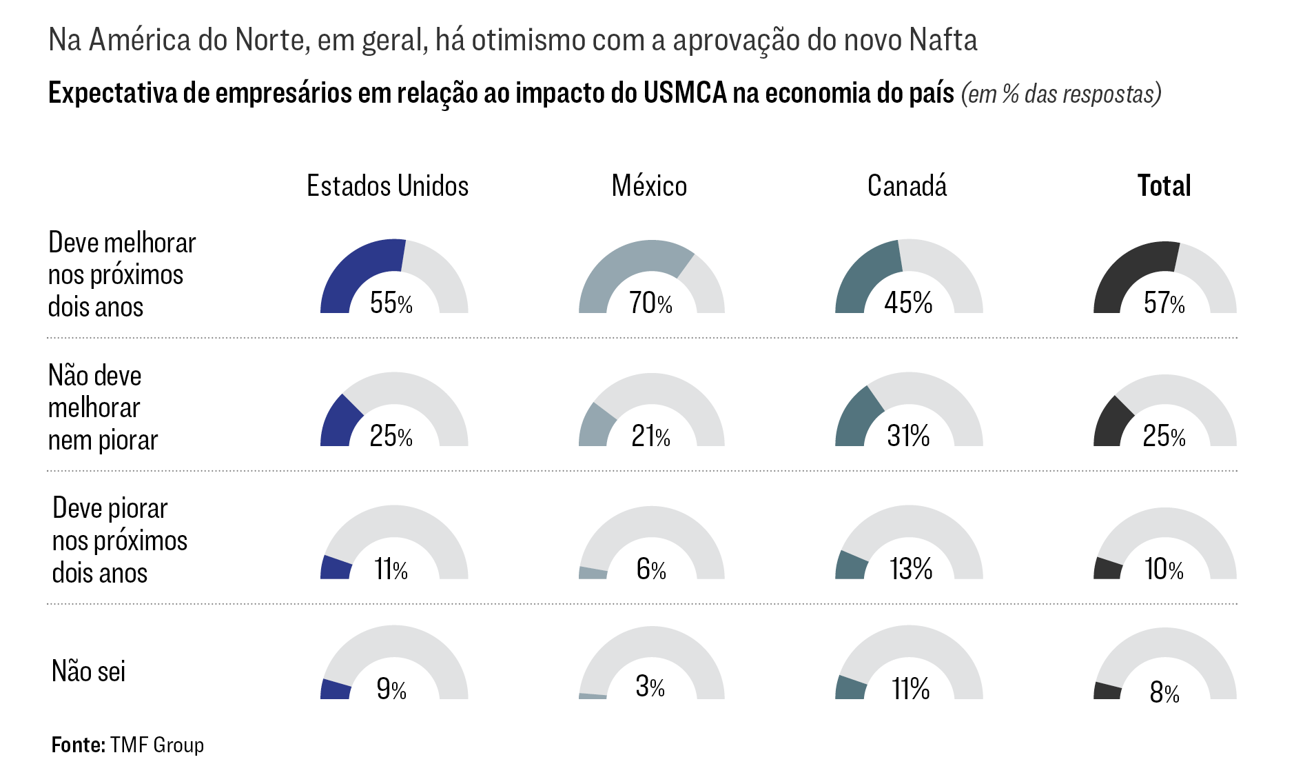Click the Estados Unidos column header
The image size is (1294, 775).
pyautogui.click(x=387, y=186)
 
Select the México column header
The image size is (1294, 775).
pyautogui.click(x=649, y=186)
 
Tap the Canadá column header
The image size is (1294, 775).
pyautogui.click(x=907, y=186)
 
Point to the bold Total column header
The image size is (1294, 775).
pyautogui.click(x=1164, y=186)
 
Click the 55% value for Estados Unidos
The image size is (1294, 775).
pyautogui.click(x=391, y=303)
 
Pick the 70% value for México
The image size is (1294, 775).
pyautogui.click(x=650, y=303)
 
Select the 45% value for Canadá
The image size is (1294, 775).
pyautogui.click(x=908, y=303)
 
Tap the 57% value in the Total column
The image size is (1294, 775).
pyautogui.click(x=1164, y=303)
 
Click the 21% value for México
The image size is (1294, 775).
pyautogui.click(x=650, y=436)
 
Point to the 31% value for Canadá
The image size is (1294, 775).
pyautogui.click(x=908, y=436)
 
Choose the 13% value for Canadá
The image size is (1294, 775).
pyautogui.click(x=910, y=570)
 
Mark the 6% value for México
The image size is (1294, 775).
pyautogui.click(x=650, y=570)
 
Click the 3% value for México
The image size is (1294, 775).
pyautogui.click(x=650, y=687)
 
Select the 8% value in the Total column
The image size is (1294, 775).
pyautogui.click(x=1164, y=692)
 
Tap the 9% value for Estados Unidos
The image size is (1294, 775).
pyautogui.click(x=391, y=689)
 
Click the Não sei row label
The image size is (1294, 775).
pyautogui.click(x=88, y=672)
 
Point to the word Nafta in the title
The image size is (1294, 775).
pyautogui.click(x=943, y=40)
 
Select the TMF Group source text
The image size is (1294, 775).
pyautogui.click(x=156, y=745)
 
